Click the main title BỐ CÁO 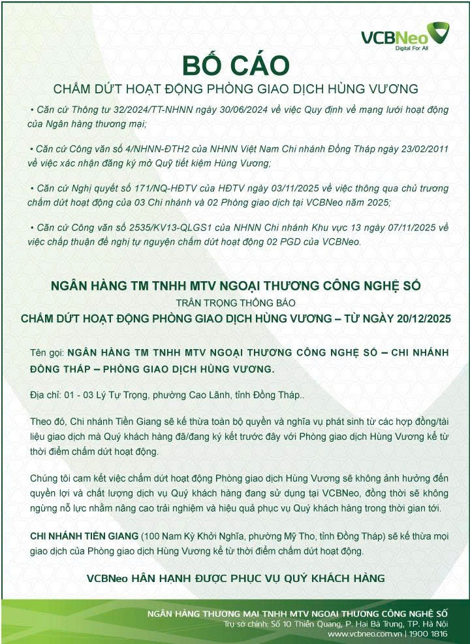point(235,65)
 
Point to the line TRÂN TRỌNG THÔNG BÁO point(236,303)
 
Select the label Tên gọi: point(46,353)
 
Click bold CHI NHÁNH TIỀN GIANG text point(85,536)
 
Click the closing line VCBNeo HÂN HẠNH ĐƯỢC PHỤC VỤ point(236,578)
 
